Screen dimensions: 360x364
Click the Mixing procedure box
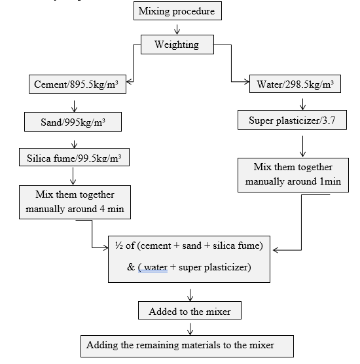point(177,11)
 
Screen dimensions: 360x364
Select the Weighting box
point(177,45)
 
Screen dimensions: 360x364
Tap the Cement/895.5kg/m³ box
point(77,84)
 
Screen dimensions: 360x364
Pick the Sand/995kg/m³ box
point(73,122)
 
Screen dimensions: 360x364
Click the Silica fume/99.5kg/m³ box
point(74,157)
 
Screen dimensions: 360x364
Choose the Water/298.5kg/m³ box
point(295,84)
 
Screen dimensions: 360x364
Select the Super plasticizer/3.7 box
point(292,120)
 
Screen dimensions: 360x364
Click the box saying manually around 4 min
point(75,202)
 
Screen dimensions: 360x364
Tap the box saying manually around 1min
point(293,175)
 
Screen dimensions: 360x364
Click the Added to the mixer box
point(190,310)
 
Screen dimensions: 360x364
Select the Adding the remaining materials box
point(187,346)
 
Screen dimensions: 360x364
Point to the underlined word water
point(155,267)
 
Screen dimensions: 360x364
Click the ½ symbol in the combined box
point(119,246)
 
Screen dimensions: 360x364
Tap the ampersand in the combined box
point(131,267)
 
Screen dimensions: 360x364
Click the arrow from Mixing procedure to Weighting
point(177,29)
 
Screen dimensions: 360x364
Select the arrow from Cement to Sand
point(74,106)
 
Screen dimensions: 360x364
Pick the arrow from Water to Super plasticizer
point(302,104)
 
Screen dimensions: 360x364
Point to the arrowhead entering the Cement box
point(129,82)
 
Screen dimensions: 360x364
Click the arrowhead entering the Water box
point(246,82)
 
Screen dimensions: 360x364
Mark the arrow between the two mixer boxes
point(190,329)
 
